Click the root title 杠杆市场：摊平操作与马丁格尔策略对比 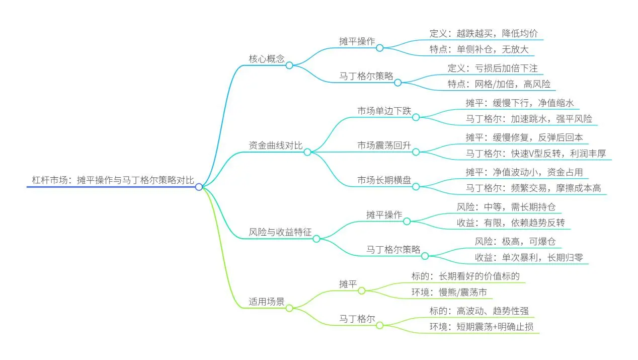pyautogui.click(x=113, y=180)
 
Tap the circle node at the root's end pyautogui.click(x=199, y=187)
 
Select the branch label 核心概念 pyautogui.click(x=267, y=59)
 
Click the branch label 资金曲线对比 pyautogui.click(x=275, y=146)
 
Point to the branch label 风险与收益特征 pyautogui.click(x=280, y=232)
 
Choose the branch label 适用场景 pyautogui.click(x=267, y=301)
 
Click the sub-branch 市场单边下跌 pyautogui.click(x=384, y=111)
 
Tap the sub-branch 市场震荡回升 pyautogui.click(x=384, y=146)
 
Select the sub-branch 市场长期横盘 pyautogui.click(x=384, y=180)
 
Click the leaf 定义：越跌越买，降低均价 pyautogui.click(x=484, y=33)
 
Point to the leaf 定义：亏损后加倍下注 pyautogui.click(x=493, y=68)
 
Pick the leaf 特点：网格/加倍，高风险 pyautogui.click(x=499, y=84)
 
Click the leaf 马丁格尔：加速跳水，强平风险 pyautogui.click(x=529, y=119)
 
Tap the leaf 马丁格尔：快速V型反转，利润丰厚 pyautogui.click(x=536, y=154)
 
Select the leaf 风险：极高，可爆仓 pyautogui.click(x=515, y=241)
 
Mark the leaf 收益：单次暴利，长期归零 pyautogui.click(x=529, y=258)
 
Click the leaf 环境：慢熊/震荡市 pyautogui.click(x=449, y=292)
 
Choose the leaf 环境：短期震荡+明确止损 pyautogui.click(x=482, y=327)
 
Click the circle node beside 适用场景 pyautogui.click(x=289, y=308)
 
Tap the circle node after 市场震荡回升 pyautogui.click(x=416, y=152)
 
